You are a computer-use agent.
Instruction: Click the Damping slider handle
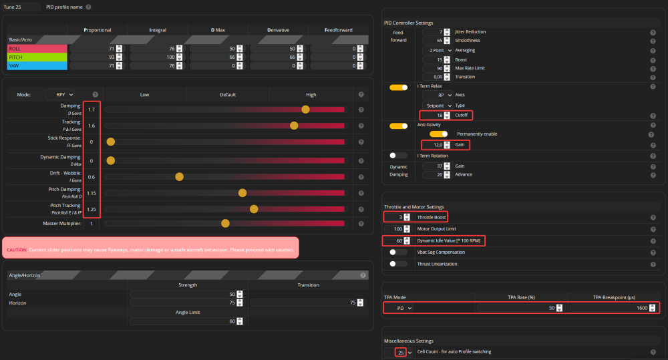[306, 109]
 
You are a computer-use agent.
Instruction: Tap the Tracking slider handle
[294, 125]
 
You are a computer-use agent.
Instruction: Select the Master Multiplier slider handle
[226, 223]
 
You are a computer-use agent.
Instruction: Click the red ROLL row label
[37, 49]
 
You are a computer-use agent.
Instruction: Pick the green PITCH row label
[37, 57]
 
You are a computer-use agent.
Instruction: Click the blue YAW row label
[37, 66]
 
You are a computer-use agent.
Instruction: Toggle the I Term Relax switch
[398, 87]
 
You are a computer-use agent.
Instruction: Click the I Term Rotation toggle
[398, 156]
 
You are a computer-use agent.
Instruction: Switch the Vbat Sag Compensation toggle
[398, 252]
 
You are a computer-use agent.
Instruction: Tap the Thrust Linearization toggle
[398, 264]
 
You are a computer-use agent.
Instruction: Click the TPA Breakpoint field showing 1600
[611, 308]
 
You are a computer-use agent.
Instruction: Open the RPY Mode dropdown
[60, 95]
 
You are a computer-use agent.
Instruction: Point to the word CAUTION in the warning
[17, 250]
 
